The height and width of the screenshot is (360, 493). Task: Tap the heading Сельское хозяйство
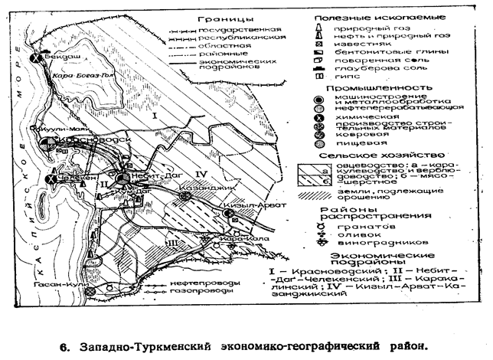[x=371, y=155]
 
